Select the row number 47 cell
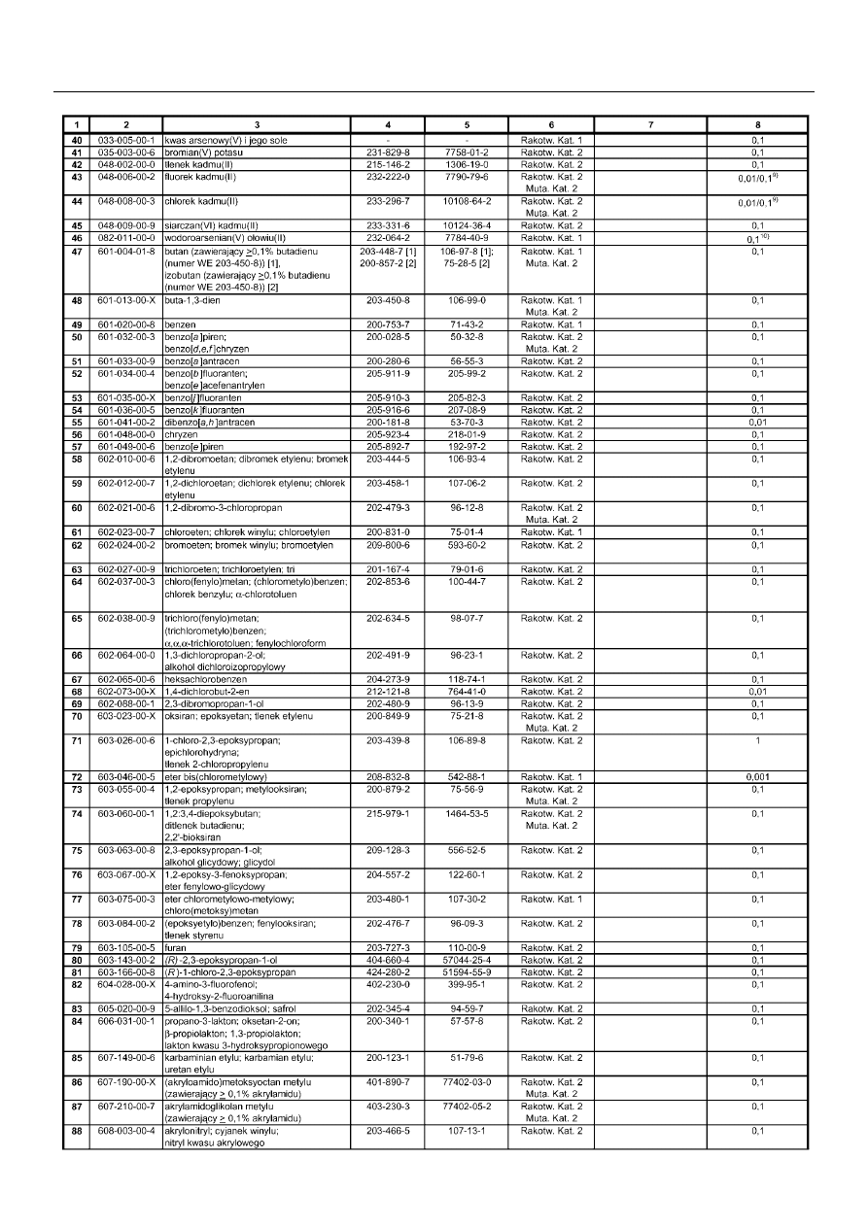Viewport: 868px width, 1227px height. click(x=76, y=252)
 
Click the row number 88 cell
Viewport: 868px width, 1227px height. click(x=76, y=1130)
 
